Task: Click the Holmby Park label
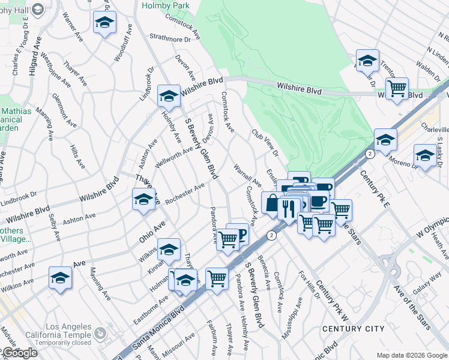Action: (164, 5)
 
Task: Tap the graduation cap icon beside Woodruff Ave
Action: (104, 23)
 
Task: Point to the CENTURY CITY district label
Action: (353, 329)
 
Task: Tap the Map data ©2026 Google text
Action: (411, 355)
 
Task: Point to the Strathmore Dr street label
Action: (173, 38)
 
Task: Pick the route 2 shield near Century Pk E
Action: (370, 154)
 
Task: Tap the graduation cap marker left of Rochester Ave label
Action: (143, 200)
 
